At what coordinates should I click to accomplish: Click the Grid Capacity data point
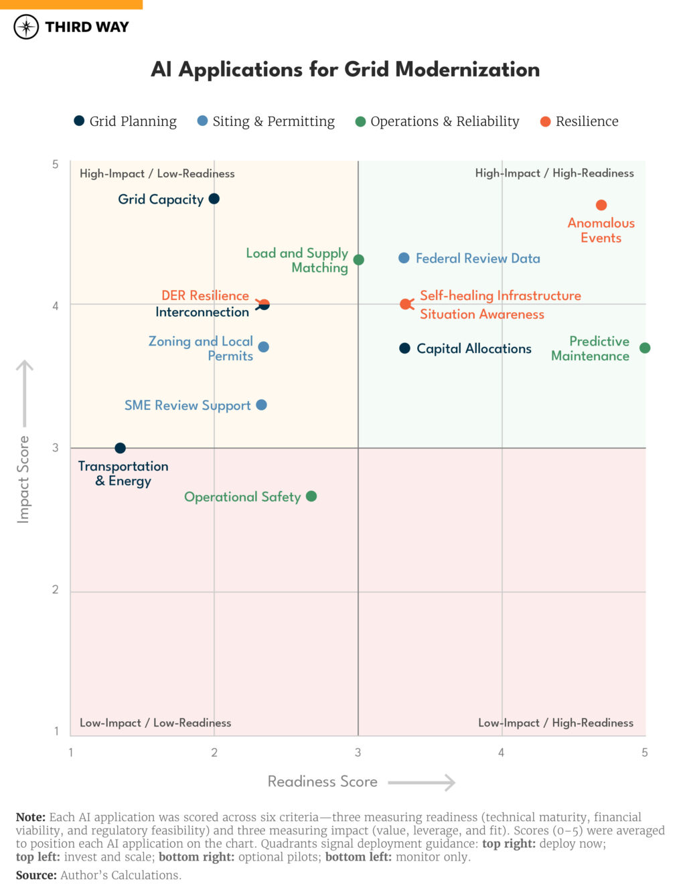[x=214, y=199]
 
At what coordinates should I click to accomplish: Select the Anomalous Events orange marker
[x=601, y=205]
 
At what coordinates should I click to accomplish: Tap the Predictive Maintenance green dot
[x=645, y=348]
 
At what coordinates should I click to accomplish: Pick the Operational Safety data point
[x=311, y=496]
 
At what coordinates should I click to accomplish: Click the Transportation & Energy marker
[x=120, y=448]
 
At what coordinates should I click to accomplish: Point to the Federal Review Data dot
[x=404, y=258]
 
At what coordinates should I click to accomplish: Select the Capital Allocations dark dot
[x=404, y=348]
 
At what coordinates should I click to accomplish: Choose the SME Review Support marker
[x=262, y=405]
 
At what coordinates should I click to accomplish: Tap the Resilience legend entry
[x=579, y=121]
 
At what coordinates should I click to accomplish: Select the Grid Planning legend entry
[x=125, y=121]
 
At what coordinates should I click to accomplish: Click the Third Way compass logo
[x=26, y=27]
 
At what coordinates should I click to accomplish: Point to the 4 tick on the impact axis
[x=56, y=305]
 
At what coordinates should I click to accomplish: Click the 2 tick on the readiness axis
[x=214, y=753]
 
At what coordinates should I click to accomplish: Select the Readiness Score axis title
[x=322, y=782]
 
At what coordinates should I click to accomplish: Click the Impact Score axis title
[x=23, y=479]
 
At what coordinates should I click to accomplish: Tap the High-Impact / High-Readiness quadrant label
[x=554, y=173]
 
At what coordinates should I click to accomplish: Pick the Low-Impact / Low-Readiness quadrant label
[x=155, y=723]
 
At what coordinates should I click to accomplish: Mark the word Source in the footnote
[x=35, y=875]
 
